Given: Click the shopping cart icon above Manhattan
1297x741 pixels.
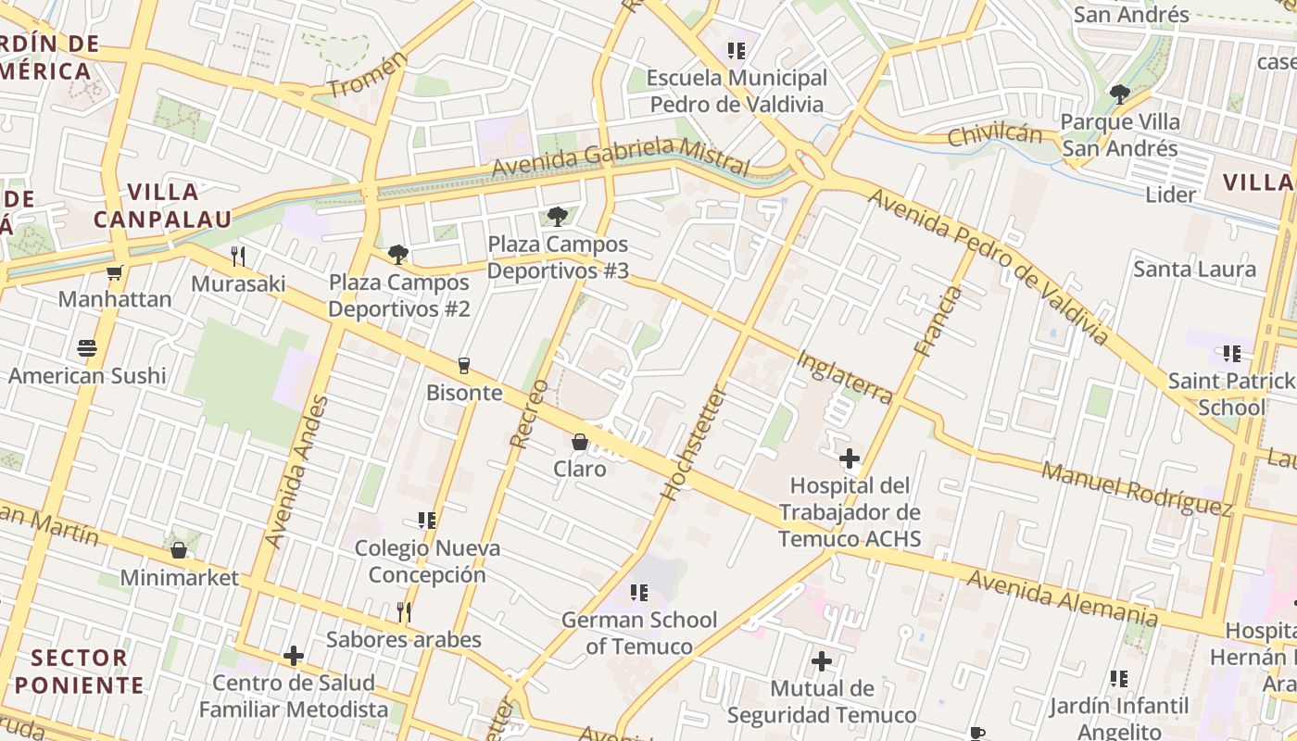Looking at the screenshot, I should point(114,272).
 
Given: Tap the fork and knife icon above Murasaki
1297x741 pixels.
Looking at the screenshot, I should point(238,256).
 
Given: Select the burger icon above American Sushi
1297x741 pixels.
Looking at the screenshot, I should point(87,348).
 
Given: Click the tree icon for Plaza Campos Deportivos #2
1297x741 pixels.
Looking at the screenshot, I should point(398,254).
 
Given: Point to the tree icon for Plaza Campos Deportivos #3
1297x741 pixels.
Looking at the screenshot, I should point(557,217).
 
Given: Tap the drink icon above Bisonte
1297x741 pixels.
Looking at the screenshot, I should point(464,365).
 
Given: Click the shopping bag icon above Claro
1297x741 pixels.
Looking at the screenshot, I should point(580,442).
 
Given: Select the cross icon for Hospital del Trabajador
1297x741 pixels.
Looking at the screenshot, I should point(850,458).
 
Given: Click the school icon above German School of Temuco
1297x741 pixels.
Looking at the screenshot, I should point(638,592).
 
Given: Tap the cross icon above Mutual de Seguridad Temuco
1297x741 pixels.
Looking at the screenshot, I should point(822,661).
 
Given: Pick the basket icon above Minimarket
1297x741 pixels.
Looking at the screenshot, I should point(179,550).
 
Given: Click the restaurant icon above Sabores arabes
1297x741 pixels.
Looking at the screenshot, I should point(404,612).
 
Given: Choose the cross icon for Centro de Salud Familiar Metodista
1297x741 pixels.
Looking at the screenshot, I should point(294,656).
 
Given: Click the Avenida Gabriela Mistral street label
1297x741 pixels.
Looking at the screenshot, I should point(620,156).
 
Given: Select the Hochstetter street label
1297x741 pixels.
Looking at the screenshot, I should point(694,443).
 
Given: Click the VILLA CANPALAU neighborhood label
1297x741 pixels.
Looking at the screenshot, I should point(162,206).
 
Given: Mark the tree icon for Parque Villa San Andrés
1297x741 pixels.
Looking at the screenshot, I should point(1119,94).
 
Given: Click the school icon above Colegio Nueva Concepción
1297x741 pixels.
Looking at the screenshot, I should point(426,521).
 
